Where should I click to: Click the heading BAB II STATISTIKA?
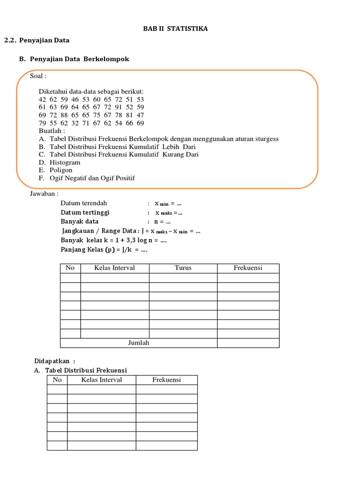click(x=175, y=29)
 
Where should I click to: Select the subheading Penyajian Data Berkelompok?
click(x=79, y=59)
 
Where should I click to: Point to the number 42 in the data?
click(x=43, y=99)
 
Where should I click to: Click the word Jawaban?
click(x=44, y=193)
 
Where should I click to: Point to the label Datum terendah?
click(x=84, y=203)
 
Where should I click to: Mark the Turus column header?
click(x=183, y=268)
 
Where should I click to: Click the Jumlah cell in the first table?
click(x=138, y=343)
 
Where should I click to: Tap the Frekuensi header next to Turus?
click(x=248, y=268)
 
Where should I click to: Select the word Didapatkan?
click(x=52, y=361)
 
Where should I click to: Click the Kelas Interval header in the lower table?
click(x=101, y=380)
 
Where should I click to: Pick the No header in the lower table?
click(x=57, y=380)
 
